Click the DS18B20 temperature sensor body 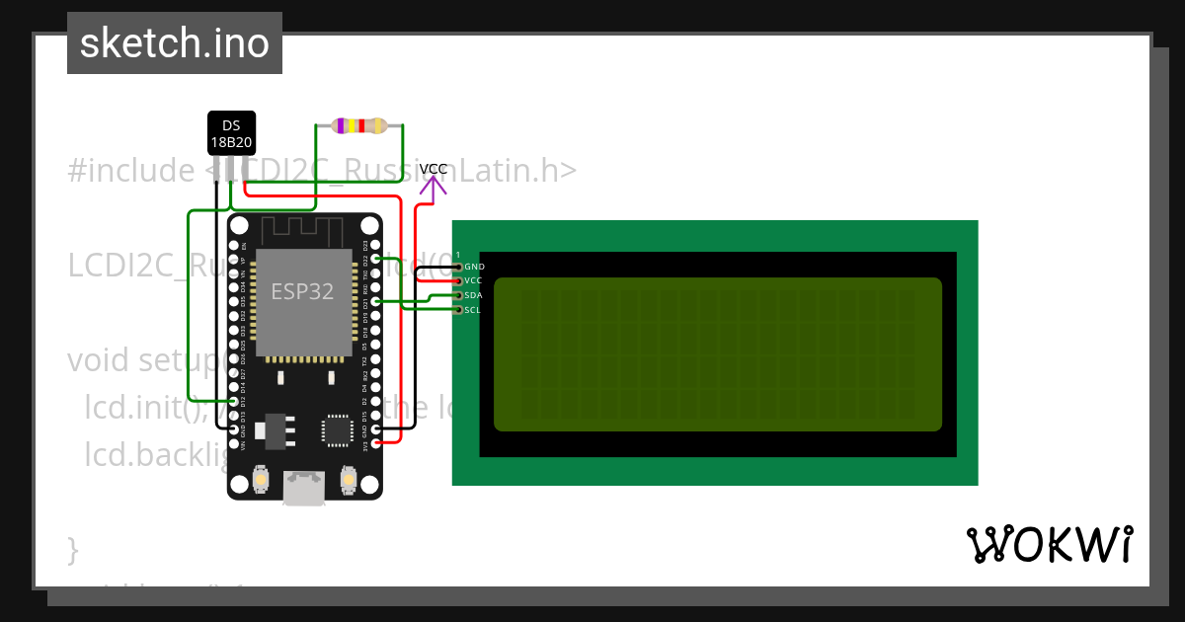[x=231, y=133]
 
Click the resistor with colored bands [x=359, y=125]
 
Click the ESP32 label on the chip [x=302, y=292]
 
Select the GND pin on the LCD [x=458, y=267]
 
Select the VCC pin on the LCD [x=458, y=281]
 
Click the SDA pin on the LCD [x=458, y=295]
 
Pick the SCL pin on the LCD [x=458, y=310]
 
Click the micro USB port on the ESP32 [x=303, y=488]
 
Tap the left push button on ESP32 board [x=261, y=481]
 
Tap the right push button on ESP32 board [x=348, y=481]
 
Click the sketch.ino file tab [x=175, y=43]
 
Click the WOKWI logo [x=1050, y=545]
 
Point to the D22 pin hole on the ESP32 [x=375, y=259]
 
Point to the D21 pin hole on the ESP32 [x=375, y=301]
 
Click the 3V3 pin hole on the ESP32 [x=375, y=444]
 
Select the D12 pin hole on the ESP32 [x=234, y=402]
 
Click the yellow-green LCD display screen [x=717, y=354]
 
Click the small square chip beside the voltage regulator [x=337, y=431]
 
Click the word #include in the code [x=131, y=171]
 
